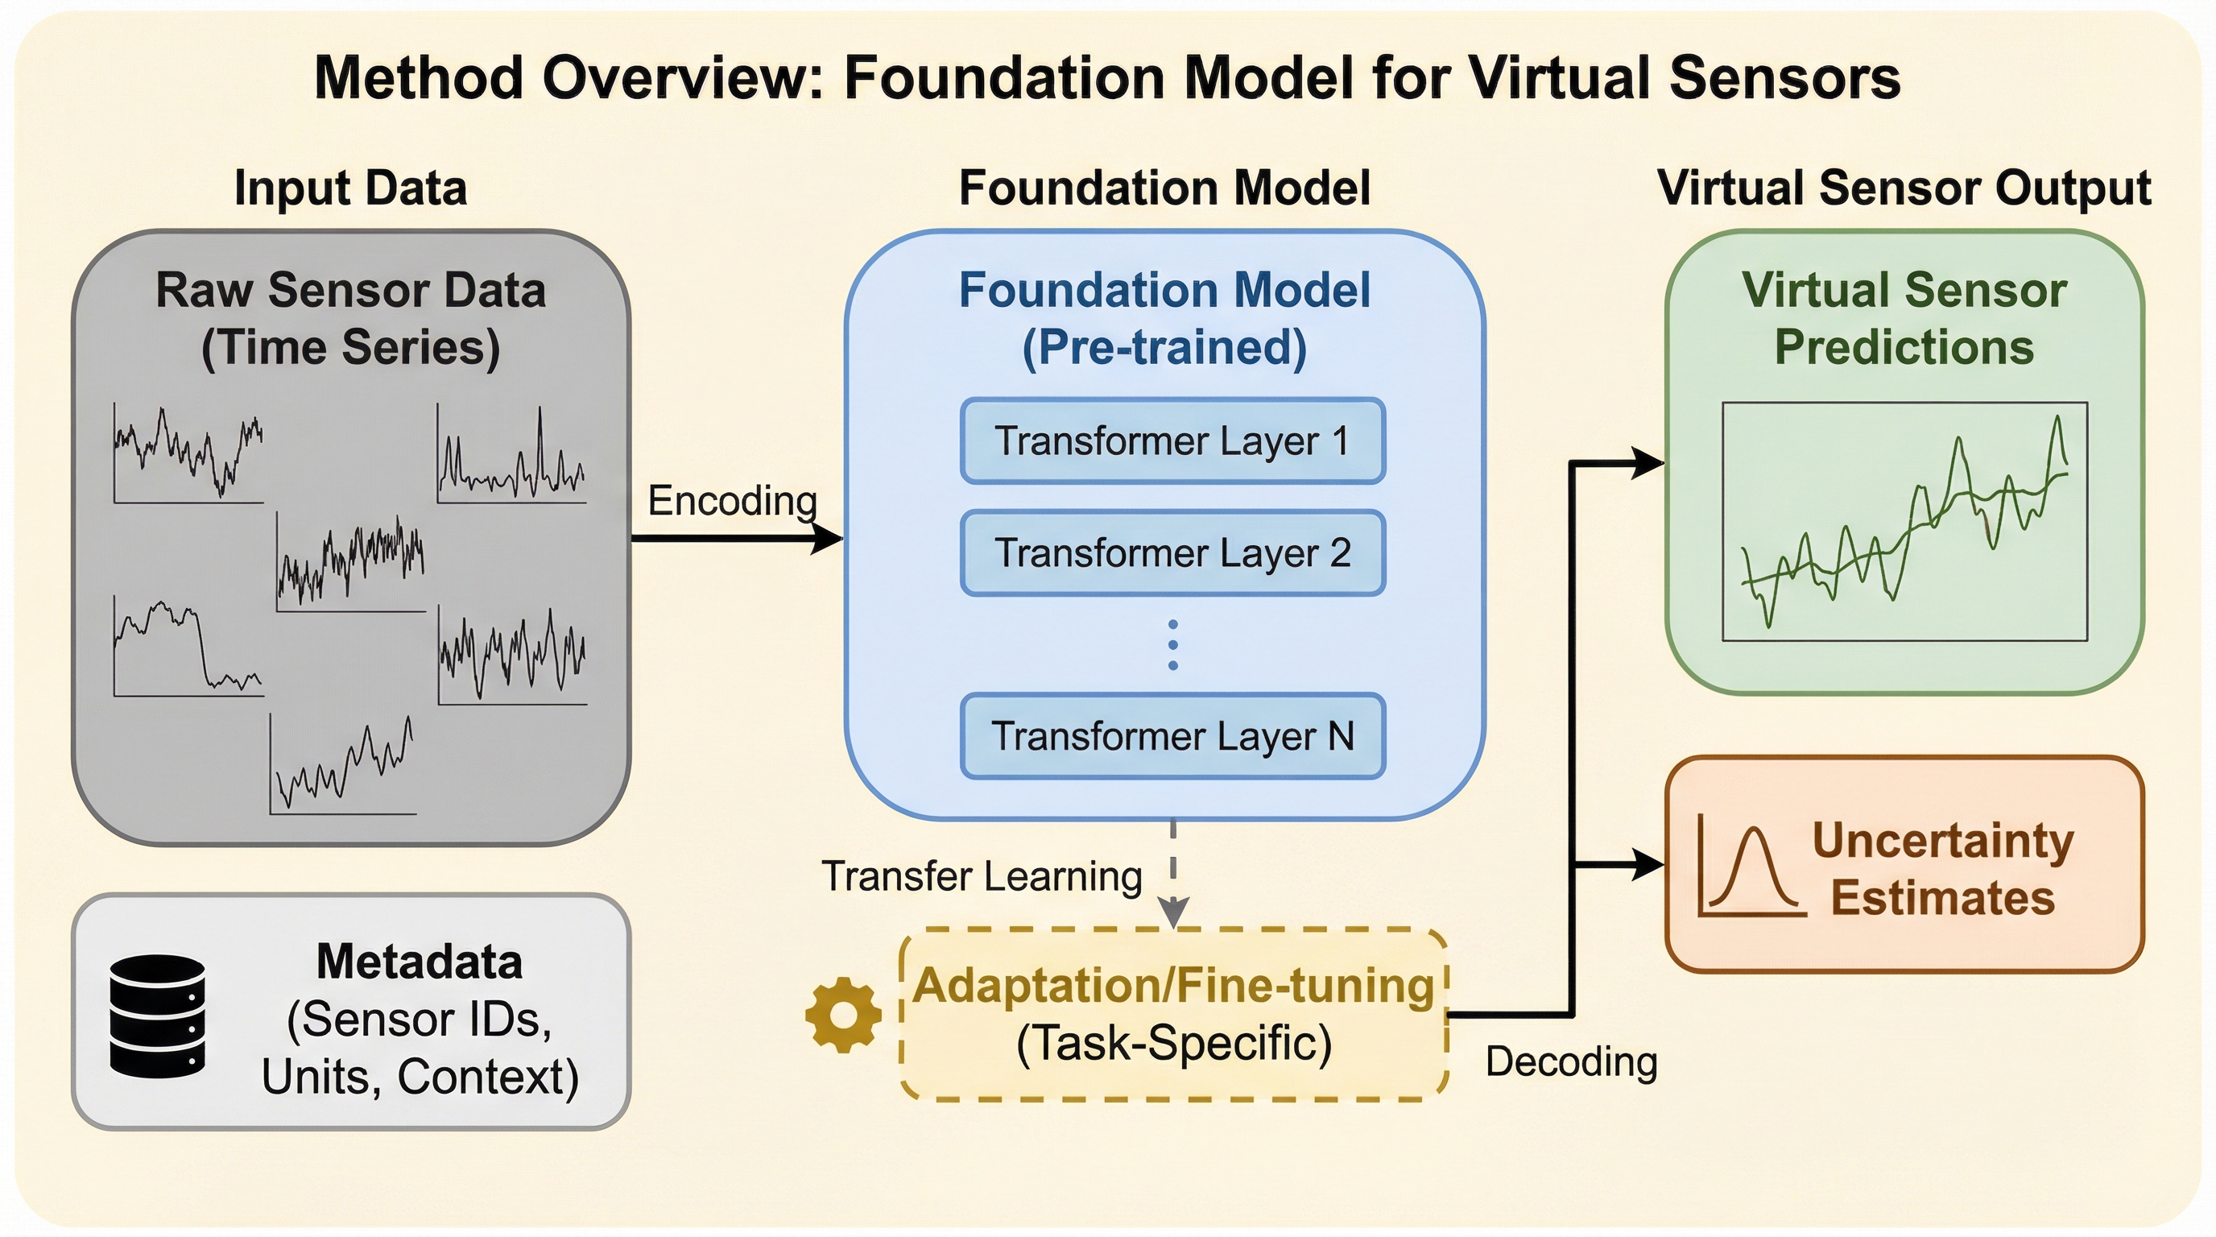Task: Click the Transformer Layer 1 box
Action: point(1172,441)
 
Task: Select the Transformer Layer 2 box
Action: point(1172,553)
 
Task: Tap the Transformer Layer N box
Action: point(1172,736)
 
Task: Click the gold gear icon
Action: point(843,1014)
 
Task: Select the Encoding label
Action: point(732,501)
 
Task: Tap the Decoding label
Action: point(1571,1061)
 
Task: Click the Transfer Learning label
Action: point(982,876)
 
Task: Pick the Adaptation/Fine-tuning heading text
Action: point(1173,985)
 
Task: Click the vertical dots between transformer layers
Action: point(1172,644)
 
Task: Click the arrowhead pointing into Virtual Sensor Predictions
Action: point(1648,463)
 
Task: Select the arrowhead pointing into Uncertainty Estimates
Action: point(1648,863)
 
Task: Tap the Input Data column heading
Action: point(350,188)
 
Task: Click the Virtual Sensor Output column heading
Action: point(1904,188)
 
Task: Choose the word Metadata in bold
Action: point(419,961)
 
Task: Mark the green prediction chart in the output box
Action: point(1904,521)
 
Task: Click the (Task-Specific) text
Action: point(1173,1043)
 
